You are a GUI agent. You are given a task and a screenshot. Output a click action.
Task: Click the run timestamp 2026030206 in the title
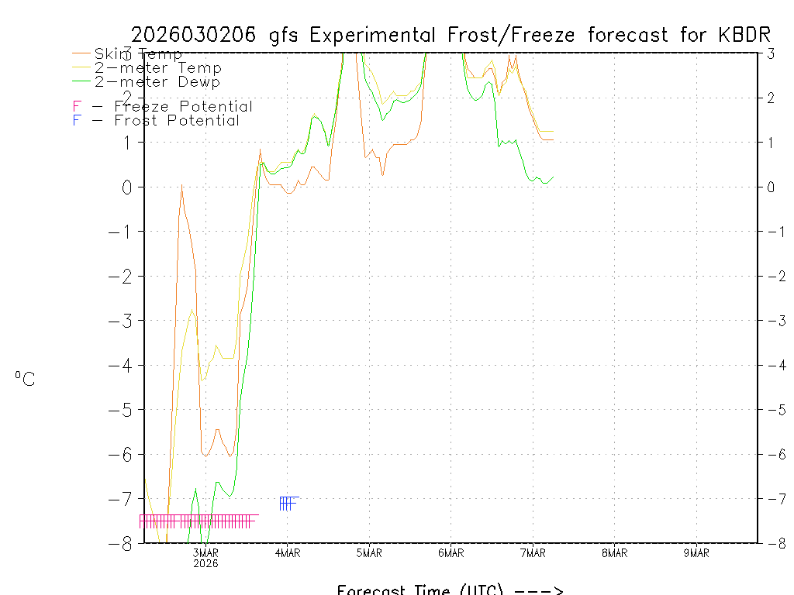(x=196, y=35)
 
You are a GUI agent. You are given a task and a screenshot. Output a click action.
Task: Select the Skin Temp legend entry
(x=138, y=54)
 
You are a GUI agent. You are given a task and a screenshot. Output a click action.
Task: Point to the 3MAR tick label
(x=206, y=552)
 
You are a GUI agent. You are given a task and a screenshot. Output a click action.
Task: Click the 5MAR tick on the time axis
(x=369, y=552)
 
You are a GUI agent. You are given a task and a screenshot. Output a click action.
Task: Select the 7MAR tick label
(x=533, y=552)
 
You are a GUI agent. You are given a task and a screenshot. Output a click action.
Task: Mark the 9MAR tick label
(x=696, y=552)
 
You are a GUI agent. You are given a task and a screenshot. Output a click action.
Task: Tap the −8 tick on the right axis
(x=776, y=543)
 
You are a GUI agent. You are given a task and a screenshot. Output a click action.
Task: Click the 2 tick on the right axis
(x=772, y=98)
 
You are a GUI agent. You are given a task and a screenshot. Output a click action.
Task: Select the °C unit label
(x=24, y=379)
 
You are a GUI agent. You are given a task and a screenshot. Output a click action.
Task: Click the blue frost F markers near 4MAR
(x=288, y=504)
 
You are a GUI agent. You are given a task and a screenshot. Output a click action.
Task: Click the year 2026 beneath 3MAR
(x=206, y=563)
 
